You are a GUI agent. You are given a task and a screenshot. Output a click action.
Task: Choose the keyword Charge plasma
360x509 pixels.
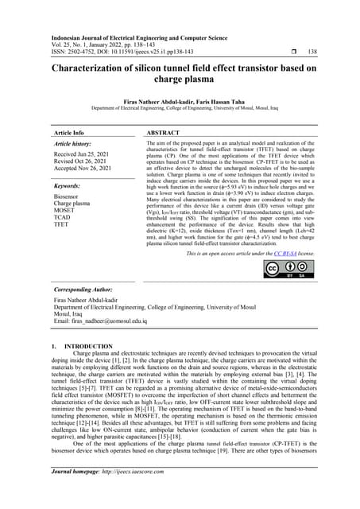[73, 203]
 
